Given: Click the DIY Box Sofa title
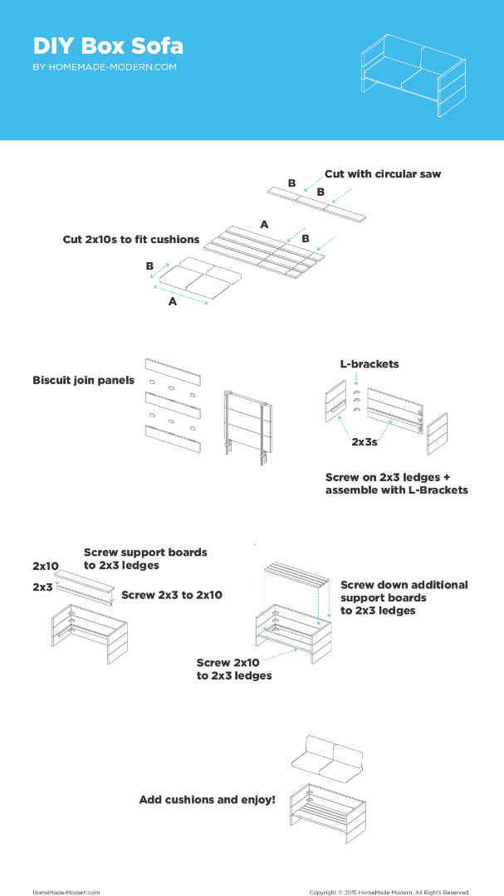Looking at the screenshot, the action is click(x=108, y=46).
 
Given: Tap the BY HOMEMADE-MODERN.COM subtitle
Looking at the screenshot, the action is click(x=105, y=67).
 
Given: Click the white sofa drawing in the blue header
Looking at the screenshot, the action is click(x=413, y=75).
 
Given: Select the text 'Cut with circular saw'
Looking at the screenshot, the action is click(x=383, y=173).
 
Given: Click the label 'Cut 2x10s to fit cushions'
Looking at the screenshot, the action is click(x=131, y=240).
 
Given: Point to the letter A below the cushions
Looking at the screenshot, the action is click(x=172, y=302).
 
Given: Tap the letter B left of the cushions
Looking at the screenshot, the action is click(x=150, y=265).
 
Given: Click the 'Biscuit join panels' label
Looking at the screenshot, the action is click(x=84, y=380).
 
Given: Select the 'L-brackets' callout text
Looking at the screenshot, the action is click(x=369, y=363).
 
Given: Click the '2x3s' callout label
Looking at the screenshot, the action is click(x=365, y=441).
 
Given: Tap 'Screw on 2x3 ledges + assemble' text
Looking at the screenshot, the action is click(x=397, y=484).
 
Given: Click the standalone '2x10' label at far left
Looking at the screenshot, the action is click(x=46, y=567).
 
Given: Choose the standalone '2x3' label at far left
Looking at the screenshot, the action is click(x=42, y=587).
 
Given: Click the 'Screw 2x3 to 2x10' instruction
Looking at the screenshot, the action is click(x=172, y=595).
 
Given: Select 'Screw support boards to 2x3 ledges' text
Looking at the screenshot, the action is click(x=145, y=559).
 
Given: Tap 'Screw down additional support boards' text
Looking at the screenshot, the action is click(x=404, y=597).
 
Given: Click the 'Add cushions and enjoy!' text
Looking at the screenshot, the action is click(x=207, y=800).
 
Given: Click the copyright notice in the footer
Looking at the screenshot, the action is click(x=389, y=892).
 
